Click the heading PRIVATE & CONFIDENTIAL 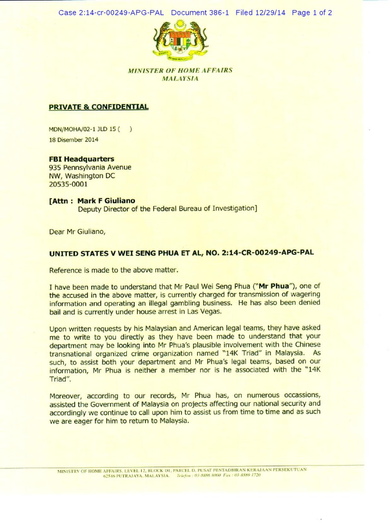99,107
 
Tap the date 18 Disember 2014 74,139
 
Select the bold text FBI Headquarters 81,159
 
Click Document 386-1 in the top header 200,13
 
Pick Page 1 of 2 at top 312,13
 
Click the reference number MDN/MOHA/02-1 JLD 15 85,129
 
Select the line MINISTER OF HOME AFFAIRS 180,70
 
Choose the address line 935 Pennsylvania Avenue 90,167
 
